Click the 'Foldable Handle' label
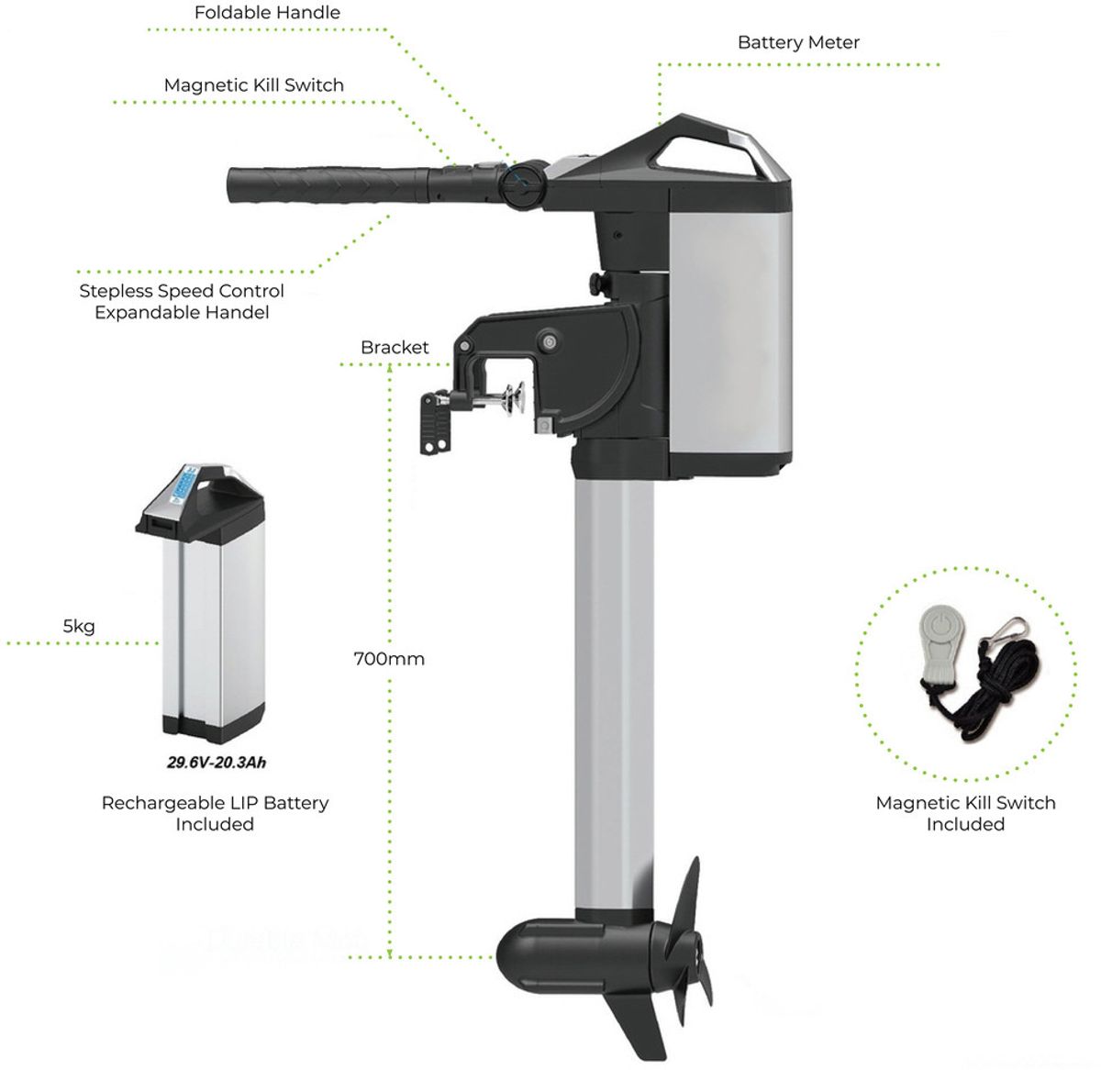tap(267, 13)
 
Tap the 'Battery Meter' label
tap(798, 42)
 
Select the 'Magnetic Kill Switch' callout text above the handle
tap(253, 84)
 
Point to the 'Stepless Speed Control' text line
tap(181, 291)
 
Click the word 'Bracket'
tap(395, 347)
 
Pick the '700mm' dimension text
tap(389, 659)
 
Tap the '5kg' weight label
tap(79, 626)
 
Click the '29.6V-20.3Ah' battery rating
tap(217, 763)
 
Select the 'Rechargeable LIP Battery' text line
tap(215, 803)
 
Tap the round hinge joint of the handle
tap(522, 184)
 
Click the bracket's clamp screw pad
tap(516, 399)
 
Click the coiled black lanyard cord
tap(984, 702)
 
